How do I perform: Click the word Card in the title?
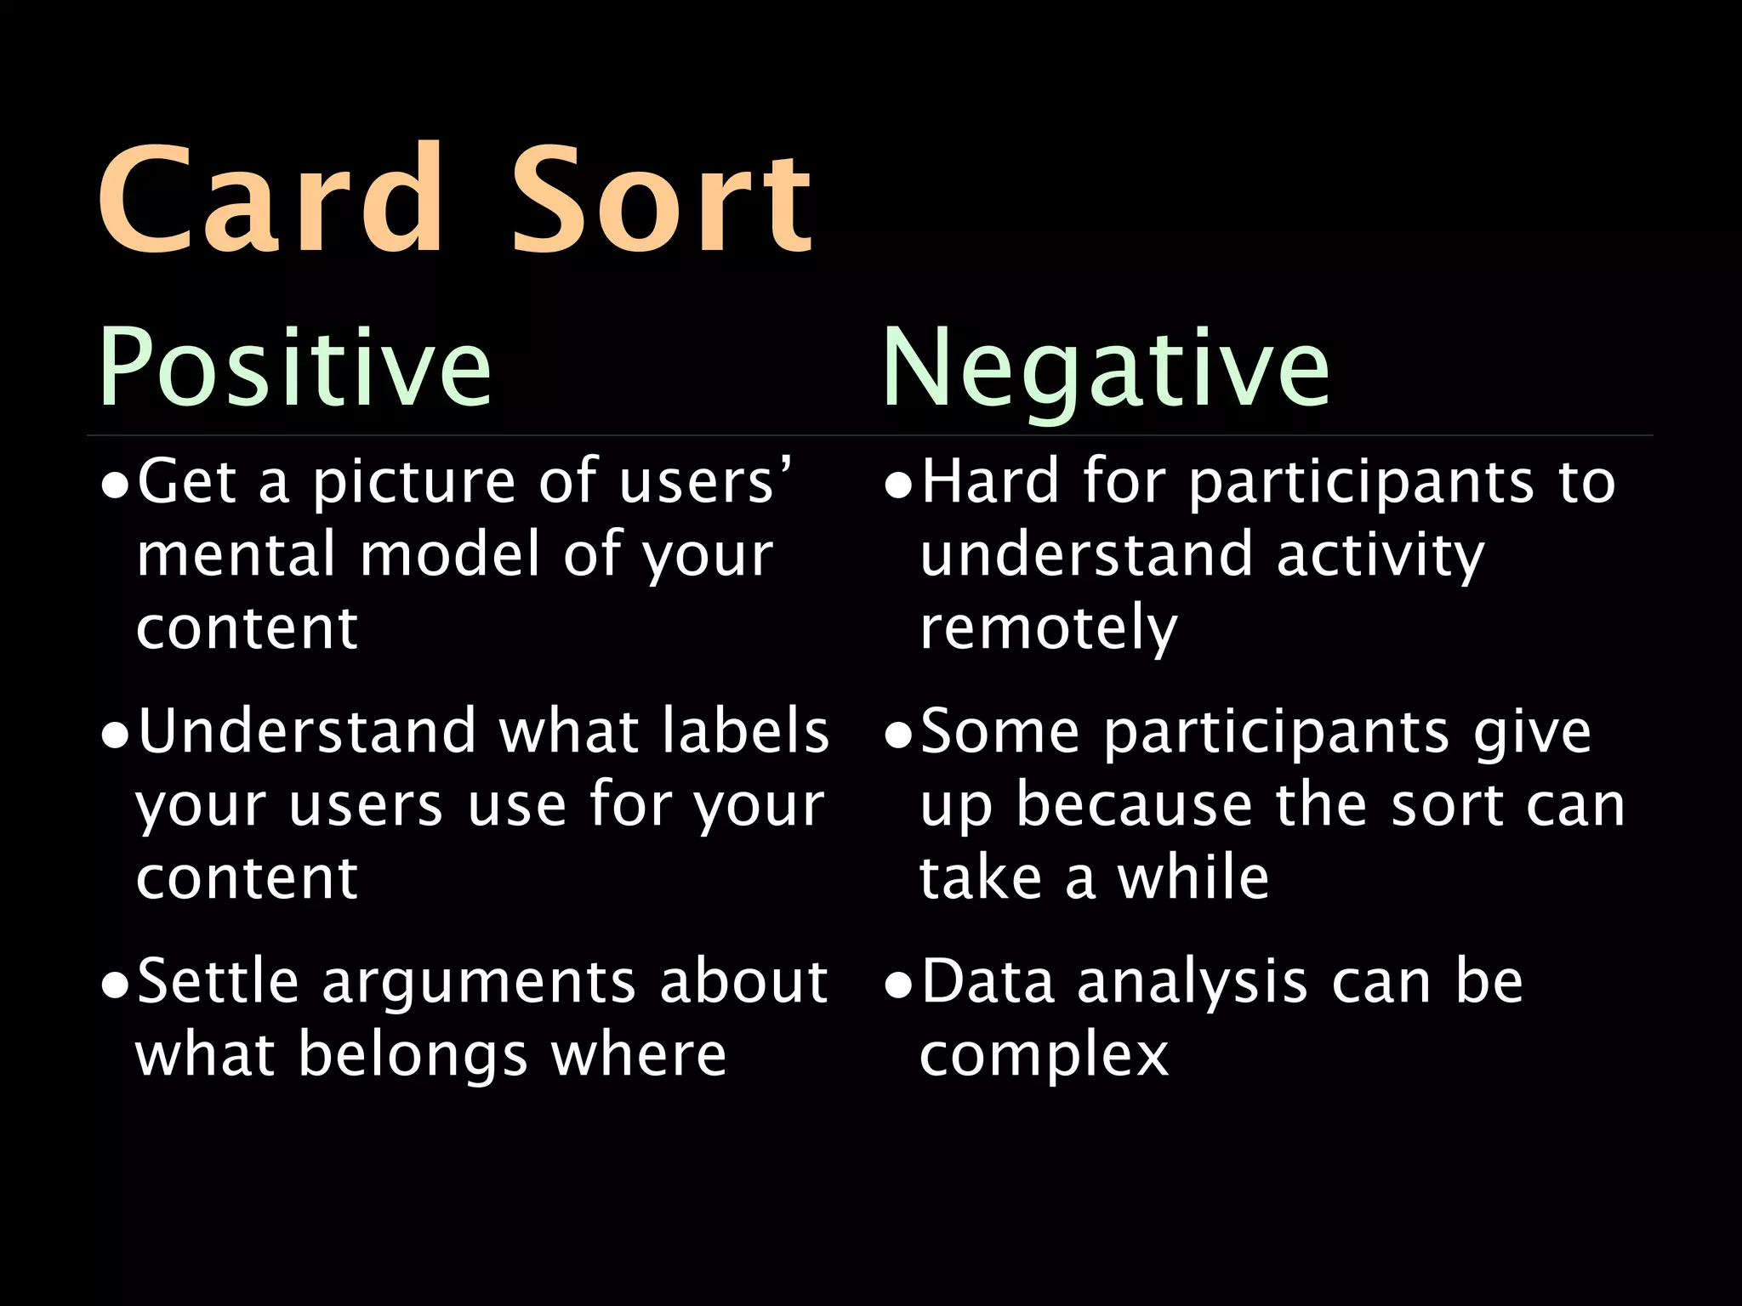coord(270,200)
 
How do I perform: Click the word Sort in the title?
coord(661,200)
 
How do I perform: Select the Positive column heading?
coord(294,367)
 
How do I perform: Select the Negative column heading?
coord(1105,367)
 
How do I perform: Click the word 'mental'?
coord(236,554)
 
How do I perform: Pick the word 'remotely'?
coord(1049,629)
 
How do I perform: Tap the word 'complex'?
coord(1044,1057)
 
